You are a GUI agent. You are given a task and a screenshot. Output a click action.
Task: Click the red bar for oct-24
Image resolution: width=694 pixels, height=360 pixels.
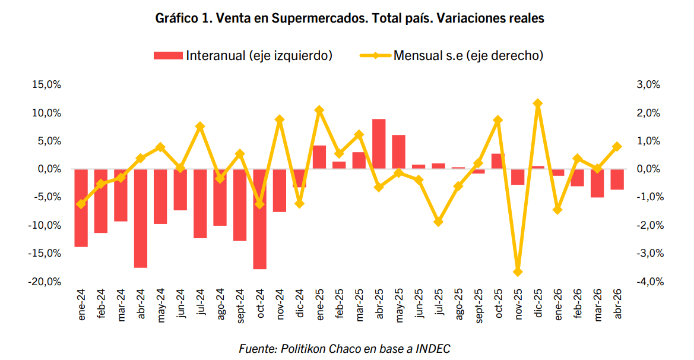[260, 219]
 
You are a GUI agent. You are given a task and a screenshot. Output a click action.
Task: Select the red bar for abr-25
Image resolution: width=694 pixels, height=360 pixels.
[379, 144]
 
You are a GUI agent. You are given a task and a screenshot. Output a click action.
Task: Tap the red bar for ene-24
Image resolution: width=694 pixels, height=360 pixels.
[81, 208]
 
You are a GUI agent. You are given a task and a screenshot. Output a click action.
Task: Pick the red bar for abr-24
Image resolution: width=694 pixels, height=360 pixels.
[141, 218]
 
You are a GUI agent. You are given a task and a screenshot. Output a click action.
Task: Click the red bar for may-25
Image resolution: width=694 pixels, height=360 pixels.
[399, 152]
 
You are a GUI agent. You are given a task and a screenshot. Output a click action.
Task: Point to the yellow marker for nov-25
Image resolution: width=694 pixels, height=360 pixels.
[518, 272]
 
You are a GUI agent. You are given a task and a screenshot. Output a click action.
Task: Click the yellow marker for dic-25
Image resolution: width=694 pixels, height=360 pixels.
[538, 103]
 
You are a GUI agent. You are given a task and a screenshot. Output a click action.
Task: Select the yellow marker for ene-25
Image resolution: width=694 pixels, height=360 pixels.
[319, 110]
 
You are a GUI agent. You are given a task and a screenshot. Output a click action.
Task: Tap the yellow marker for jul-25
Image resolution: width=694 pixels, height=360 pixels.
[438, 222]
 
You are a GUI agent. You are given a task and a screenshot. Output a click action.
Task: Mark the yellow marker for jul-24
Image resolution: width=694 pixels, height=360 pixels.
[200, 127]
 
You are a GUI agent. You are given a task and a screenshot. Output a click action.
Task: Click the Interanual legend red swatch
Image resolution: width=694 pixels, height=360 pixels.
[168, 56]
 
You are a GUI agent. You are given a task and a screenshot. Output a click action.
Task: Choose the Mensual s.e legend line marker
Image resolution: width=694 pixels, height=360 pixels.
[375, 56]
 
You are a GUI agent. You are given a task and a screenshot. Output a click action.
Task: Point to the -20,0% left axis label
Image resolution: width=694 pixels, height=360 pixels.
[45, 282]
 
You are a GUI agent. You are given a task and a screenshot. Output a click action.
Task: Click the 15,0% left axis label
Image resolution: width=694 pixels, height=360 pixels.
[46, 84]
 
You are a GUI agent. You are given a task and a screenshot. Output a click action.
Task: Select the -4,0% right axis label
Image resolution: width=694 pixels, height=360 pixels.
[650, 282]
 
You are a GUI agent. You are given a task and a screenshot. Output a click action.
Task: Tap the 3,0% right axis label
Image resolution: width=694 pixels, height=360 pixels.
[648, 84]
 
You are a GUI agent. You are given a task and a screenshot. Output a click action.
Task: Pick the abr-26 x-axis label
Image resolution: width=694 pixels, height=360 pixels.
[618, 304]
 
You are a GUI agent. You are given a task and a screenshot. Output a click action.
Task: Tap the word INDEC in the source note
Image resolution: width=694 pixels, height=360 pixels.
[433, 349]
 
